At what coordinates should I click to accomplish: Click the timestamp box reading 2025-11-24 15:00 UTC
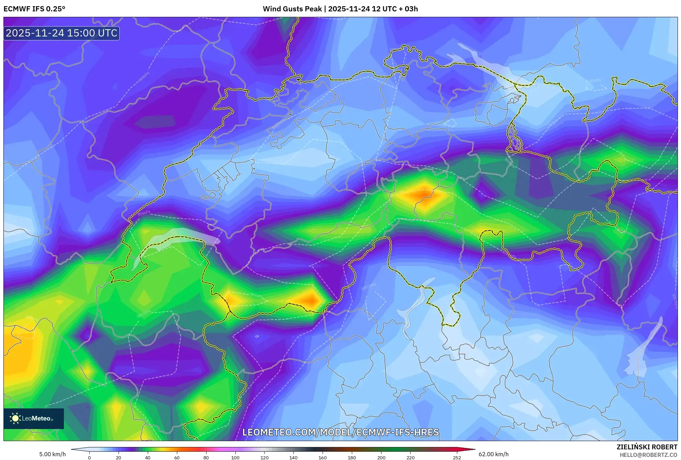click(x=62, y=33)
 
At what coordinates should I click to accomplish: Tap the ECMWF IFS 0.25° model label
click(x=34, y=9)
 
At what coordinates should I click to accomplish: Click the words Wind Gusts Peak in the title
click(x=292, y=9)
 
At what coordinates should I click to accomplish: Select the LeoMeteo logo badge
click(x=34, y=418)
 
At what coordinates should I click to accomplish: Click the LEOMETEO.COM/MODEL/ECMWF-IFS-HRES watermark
click(x=340, y=432)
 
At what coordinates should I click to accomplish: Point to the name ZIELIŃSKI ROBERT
click(x=647, y=447)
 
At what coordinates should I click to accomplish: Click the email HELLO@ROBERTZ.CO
click(x=648, y=455)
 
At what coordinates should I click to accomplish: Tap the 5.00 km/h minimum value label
click(x=52, y=454)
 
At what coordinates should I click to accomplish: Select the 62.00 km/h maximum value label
click(x=493, y=454)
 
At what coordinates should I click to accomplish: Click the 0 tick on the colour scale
click(x=89, y=458)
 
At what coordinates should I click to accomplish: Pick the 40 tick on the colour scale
click(x=148, y=458)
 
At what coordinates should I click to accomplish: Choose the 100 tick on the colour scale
click(x=235, y=458)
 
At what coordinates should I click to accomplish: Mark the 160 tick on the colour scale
click(x=323, y=458)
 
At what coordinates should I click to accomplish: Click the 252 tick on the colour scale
click(x=457, y=458)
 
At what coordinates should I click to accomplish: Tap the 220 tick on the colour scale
click(x=410, y=458)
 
